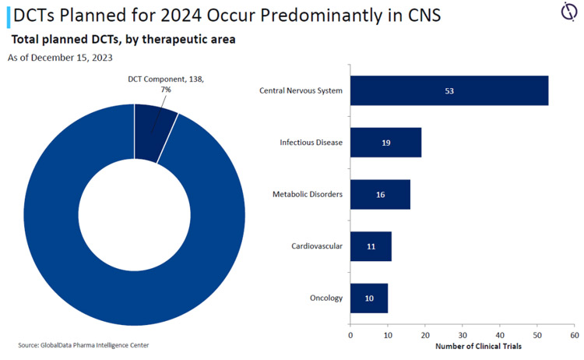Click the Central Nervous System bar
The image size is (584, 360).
click(x=449, y=90)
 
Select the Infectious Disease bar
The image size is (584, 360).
click(x=385, y=143)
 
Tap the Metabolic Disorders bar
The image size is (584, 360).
click(x=380, y=194)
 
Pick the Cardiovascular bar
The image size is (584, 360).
click(x=371, y=246)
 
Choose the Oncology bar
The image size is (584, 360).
click(x=369, y=298)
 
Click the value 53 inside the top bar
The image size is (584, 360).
click(x=449, y=91)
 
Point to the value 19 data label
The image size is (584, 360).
click(x=386, y=143)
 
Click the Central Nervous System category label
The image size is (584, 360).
click(x=301, y=90)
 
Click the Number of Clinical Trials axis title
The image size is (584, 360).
click(x=477, y=345)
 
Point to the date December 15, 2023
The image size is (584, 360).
click(x=68, y=58)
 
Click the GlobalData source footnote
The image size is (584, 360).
click(x=83, y=344)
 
